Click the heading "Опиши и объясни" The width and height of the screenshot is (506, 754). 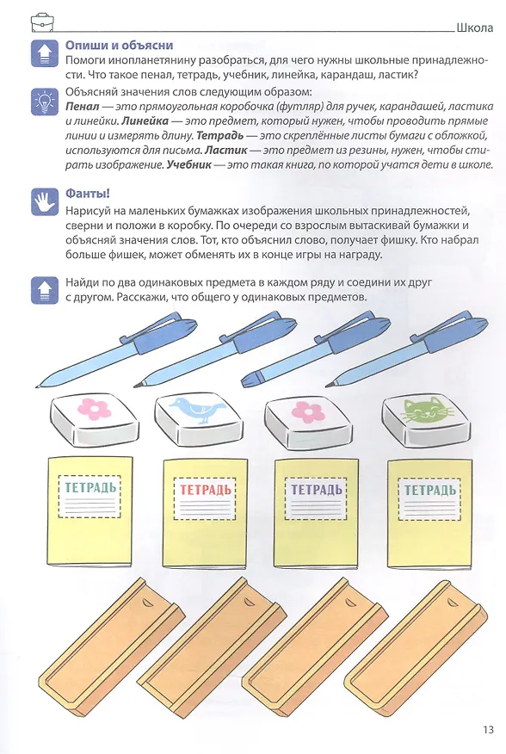119,46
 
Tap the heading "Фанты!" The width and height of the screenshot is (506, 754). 88,194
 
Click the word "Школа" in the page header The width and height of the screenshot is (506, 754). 475,28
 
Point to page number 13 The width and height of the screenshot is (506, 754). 488,730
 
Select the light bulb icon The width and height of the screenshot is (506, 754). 44,102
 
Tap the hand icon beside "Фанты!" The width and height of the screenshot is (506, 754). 44,202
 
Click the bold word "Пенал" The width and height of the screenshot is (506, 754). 83,106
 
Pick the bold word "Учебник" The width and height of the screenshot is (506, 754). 189,165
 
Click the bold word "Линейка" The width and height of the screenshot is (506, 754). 145,121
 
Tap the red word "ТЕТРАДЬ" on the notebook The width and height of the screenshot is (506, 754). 206,490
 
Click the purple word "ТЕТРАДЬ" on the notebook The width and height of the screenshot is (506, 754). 316,490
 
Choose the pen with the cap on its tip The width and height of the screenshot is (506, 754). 315,350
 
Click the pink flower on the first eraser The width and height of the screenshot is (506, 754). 95,409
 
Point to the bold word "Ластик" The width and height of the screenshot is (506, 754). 226,150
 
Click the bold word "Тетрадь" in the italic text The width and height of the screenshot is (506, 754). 220,136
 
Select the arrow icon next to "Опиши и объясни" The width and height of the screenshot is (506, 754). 44,53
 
